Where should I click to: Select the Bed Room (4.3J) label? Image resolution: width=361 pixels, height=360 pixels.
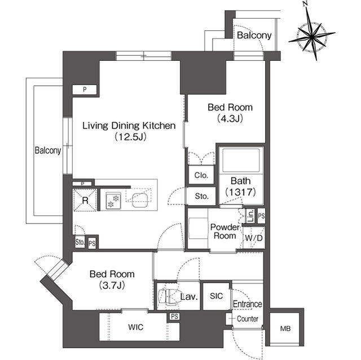230,112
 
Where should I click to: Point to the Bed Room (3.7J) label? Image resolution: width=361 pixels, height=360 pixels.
112,279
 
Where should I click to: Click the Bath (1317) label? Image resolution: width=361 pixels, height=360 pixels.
241,186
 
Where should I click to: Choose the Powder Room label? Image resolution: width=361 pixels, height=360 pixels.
223,232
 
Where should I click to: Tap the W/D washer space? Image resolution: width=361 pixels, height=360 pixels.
253,238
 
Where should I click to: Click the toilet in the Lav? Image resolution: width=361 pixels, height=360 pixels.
168,295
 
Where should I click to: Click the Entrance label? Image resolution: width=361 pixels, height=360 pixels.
247,304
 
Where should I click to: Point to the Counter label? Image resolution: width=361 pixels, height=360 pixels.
247,319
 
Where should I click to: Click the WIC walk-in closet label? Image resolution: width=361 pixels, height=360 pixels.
137,327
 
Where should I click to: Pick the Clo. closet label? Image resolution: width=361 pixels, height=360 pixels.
201,175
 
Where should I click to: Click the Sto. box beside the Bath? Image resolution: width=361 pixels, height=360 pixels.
201,196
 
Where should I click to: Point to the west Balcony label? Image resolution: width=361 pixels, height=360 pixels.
47,150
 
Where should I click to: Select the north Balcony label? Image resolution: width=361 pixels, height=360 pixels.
254,35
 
